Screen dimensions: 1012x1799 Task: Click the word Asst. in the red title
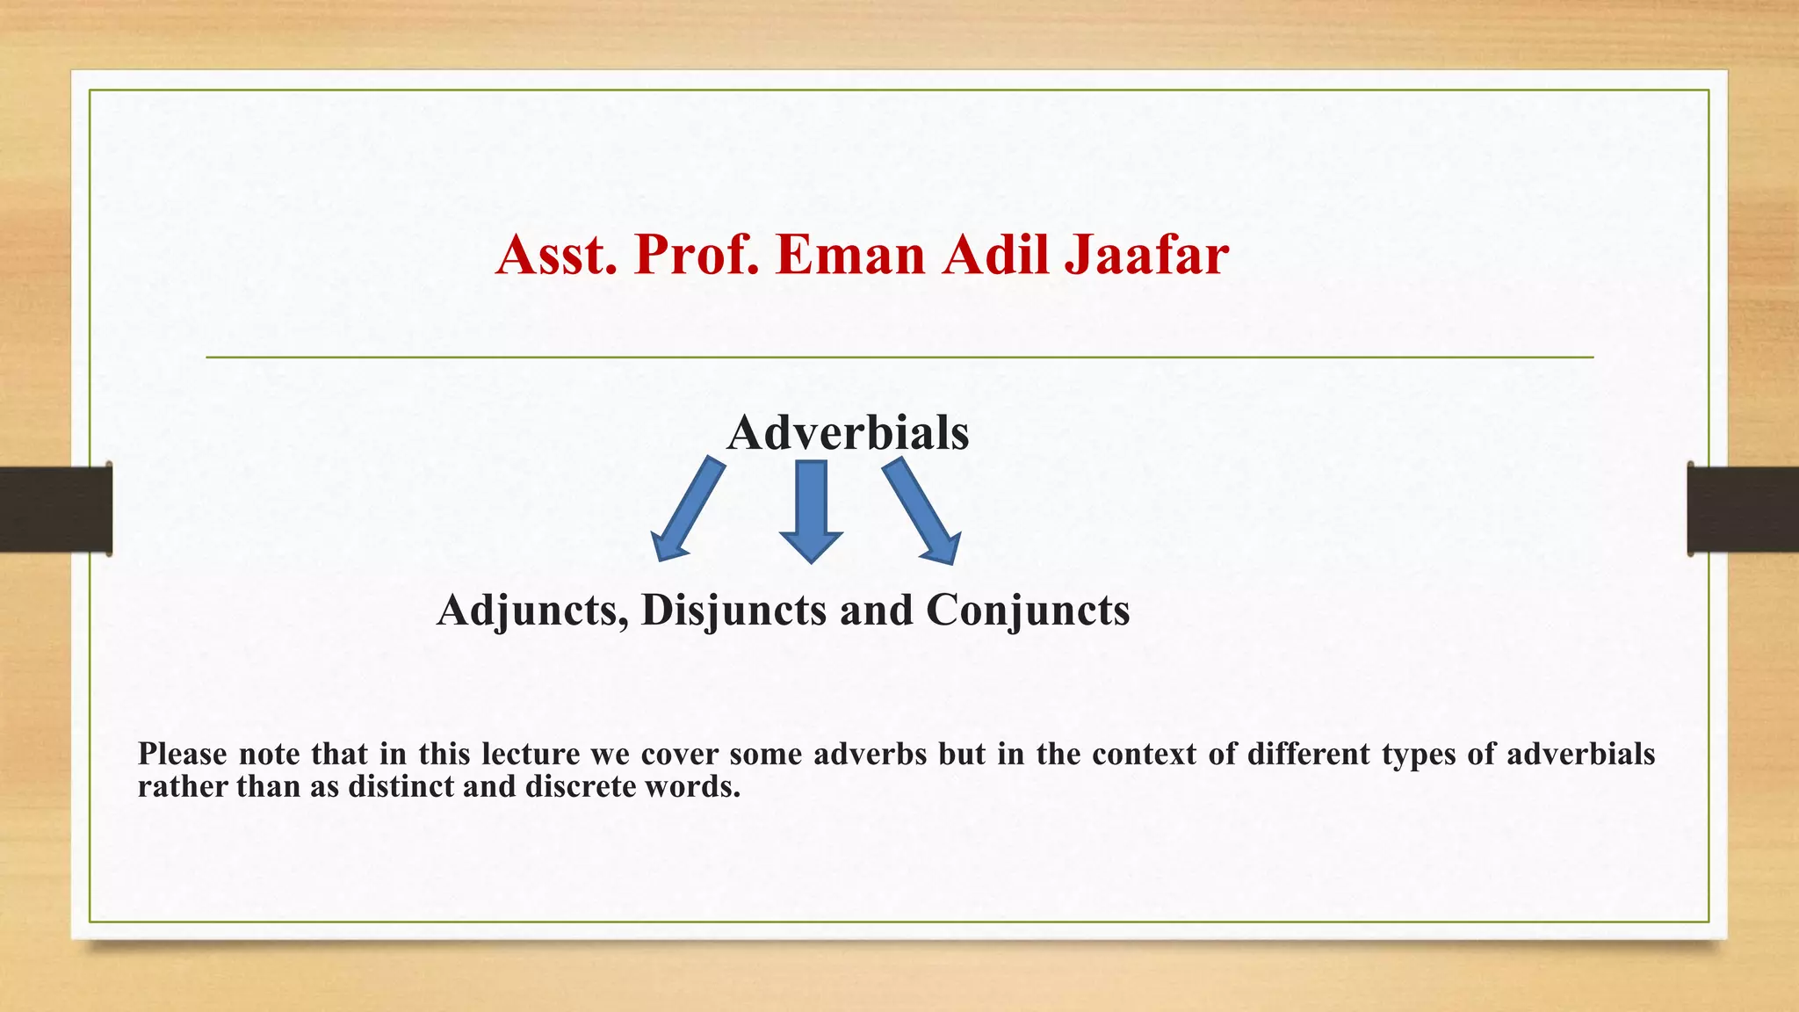coord(556,255)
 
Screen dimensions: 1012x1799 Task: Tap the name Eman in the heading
coord(850,255)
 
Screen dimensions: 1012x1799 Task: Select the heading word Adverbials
coord(848,432)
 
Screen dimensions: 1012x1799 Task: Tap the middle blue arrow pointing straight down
coord(811,510)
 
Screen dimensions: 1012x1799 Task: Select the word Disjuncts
coord(733,610)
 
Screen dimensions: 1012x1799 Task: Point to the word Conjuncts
coord(1028,610)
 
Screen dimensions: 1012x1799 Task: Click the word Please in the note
coord(182,754)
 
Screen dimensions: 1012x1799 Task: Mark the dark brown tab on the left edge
coord(55,510)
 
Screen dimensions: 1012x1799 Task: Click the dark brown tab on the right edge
coord(1743,510)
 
